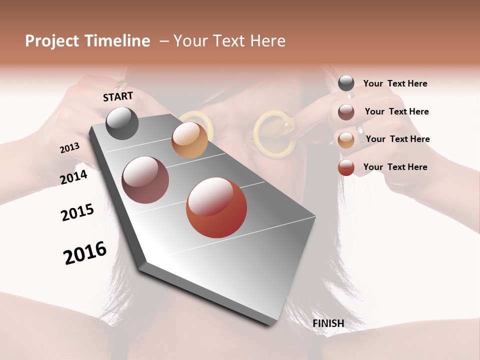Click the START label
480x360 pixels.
click(x=118, y=96)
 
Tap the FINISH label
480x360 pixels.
click(x=328, y=323)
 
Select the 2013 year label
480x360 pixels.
click(x=70, y=148)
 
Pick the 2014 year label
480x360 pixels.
click(x=74, y=177)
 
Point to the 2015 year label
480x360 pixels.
click(x=77, y=212)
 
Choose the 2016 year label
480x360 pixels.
click(x=85, y=253)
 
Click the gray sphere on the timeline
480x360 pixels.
click(x=122, y=123)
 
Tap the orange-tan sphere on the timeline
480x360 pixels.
click(x=189, y=140)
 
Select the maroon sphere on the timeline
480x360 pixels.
click(x=145, y=180)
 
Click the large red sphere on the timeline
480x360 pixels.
click(x=216, y=207)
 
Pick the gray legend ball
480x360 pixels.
click(x=346, y=83)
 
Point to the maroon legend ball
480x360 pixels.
click(x=346, y=111)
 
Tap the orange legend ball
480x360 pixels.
click(x=346, y=139)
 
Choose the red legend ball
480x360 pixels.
click(x=346, y=167)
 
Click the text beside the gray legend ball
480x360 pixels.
click(x=395, y=83)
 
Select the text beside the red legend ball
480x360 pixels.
click(x=395, y=167)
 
